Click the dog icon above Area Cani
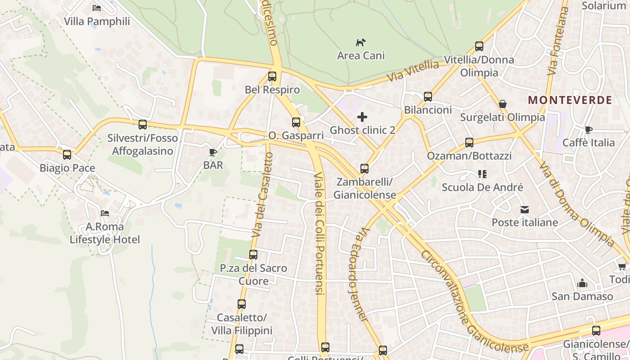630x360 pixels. (360, 42)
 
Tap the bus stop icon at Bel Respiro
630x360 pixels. (272, 76)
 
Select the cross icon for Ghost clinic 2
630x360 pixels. (362, 117)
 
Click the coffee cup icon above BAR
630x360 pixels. (213, 152)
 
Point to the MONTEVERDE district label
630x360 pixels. (570, 100)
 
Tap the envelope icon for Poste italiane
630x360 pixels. (525, 210)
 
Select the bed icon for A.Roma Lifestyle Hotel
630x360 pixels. (105, 213)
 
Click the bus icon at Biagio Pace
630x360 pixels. (67, 155)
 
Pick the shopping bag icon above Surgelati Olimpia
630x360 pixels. (503, 104)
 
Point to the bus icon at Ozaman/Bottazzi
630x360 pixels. (469, 143)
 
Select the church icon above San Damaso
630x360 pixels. (582, 283)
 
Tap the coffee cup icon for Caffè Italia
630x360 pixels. (588, 130)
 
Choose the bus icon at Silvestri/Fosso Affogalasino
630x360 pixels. (143, 125)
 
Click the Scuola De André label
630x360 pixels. (482, 187)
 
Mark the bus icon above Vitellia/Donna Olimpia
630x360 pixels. (479, 46)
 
